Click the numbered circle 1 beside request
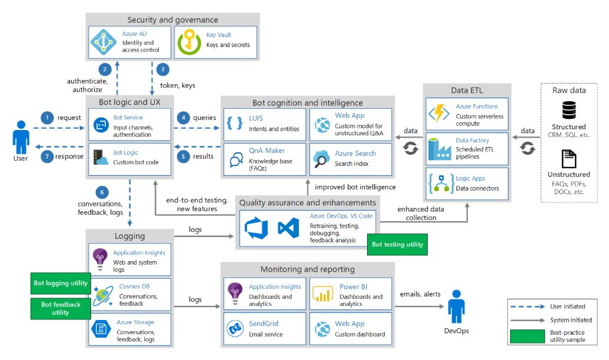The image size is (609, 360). pyautogui.click(x=47, y=118)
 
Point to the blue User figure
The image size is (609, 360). pyautogui.click(x=20, y=139)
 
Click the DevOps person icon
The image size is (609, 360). pyautogui.click(x=457, y=306)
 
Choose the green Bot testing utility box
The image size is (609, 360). pyautogui.click(x=397, y=244)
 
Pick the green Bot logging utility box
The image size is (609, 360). pyautogui.click(x=61, y=283)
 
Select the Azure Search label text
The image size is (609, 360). pyautogui.click(x=355, y=154)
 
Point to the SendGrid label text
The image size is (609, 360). pyautogui.click(x=264, y=324)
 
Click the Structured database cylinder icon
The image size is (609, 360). pyautogui.click(x=568, y=110)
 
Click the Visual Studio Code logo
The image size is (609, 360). pyautogui.click(x=288, y=228)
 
